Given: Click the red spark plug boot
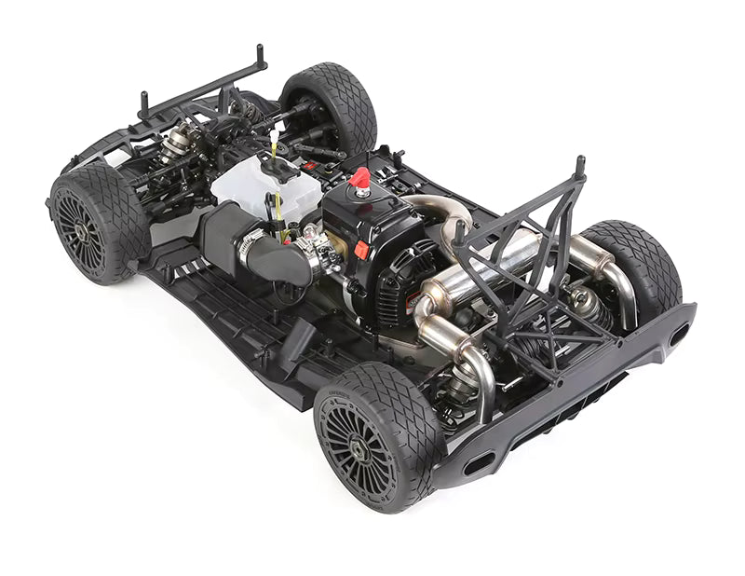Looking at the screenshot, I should pyautogui.click(x=359, y=178).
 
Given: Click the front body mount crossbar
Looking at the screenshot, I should pyautogui.click(x=200, y=85).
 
